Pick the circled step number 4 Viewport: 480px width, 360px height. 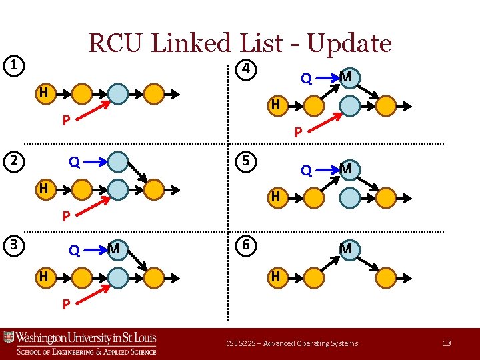[x=246, y=69]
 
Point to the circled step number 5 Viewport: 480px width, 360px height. [x=246, y=162]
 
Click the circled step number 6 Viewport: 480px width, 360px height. [x=246, y=245]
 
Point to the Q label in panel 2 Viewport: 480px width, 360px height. [x=75, y=162]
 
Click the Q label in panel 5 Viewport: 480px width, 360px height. [x=306, y=171]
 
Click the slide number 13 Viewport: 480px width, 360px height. [x=447, y=343]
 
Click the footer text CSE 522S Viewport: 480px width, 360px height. [x=239, y=343]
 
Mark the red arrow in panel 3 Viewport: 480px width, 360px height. [x=96, y=293]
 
